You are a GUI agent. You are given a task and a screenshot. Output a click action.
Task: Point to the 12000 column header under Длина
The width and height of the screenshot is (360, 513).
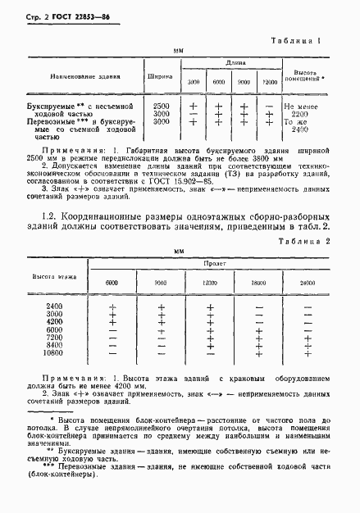270,84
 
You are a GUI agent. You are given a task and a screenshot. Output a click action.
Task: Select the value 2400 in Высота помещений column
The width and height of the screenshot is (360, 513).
300,130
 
